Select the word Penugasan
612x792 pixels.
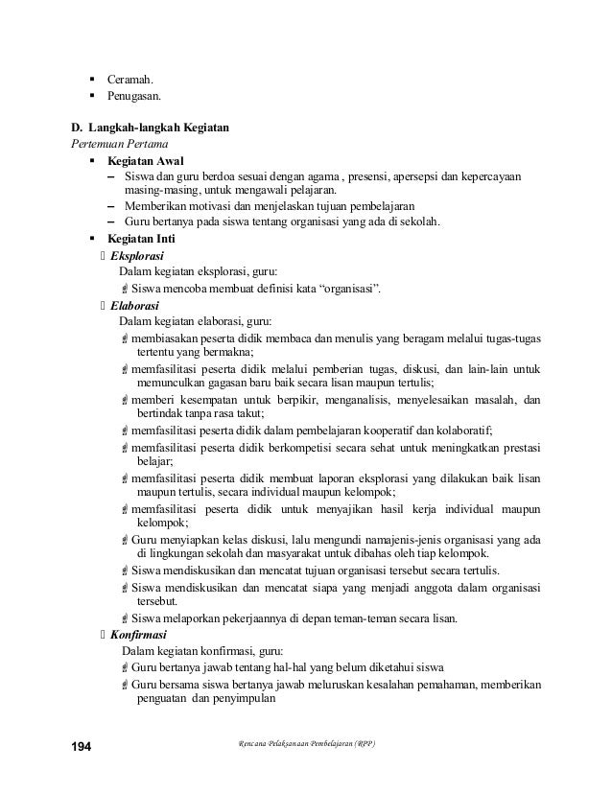pos(133,96)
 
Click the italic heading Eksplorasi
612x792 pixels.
pos(136,256)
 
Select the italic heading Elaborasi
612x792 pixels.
pos(134,305)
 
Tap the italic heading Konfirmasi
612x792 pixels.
pos(139,635)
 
